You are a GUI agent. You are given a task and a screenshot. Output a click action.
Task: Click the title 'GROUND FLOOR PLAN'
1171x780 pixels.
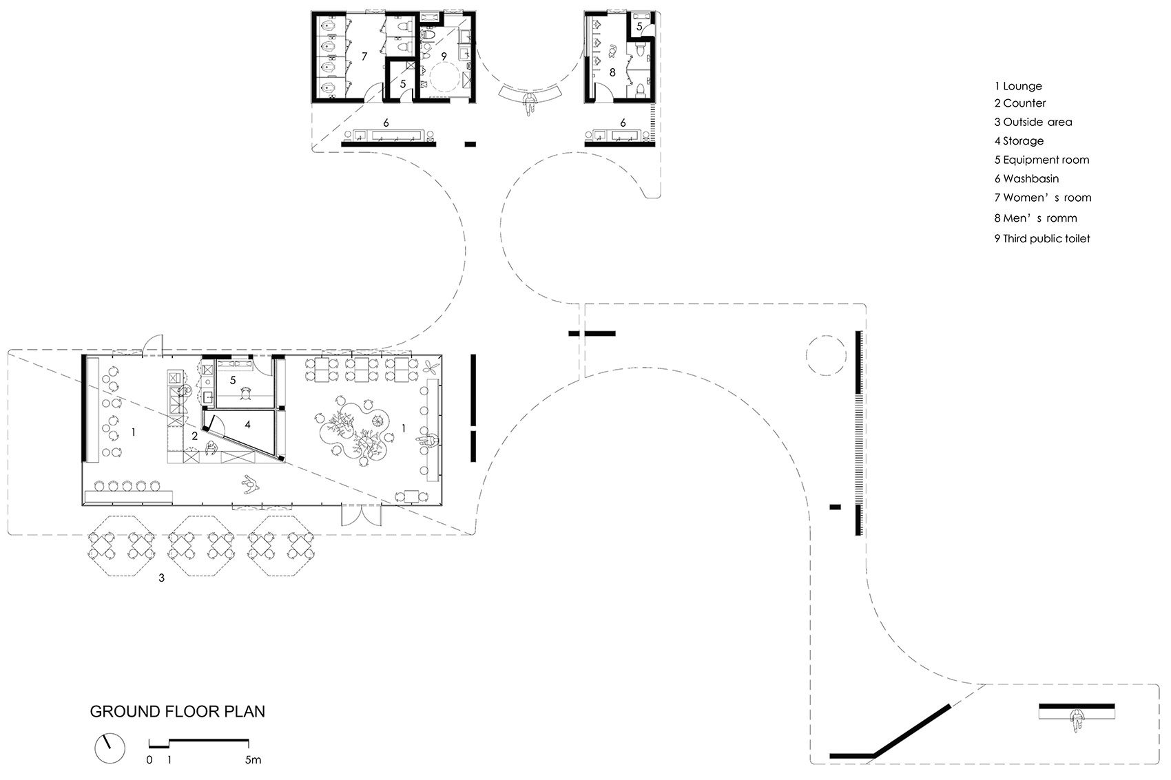[177, 711]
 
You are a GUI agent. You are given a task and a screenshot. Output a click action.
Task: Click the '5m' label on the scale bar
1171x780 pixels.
[253, 760]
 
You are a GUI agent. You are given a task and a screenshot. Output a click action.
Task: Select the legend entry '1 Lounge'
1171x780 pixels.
[1018, 86]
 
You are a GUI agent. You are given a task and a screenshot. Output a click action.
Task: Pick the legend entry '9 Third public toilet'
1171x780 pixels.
[1042, 239]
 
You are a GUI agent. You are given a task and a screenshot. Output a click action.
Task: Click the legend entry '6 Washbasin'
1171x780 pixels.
[1026, 179]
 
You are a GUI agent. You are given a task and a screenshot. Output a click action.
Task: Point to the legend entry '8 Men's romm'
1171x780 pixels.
[1035, 218]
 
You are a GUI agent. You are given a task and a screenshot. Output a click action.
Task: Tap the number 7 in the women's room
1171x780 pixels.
[364, 56]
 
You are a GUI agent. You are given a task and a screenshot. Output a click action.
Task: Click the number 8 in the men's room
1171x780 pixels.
[612, 72]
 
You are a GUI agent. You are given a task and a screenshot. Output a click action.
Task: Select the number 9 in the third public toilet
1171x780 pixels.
[444, 56]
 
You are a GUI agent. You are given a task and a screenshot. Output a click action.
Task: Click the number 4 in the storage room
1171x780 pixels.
[247, 425]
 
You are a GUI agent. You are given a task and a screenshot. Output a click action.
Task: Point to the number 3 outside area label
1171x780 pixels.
[162, 578]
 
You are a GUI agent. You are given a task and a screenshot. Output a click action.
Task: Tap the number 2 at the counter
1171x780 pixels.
[195, 436]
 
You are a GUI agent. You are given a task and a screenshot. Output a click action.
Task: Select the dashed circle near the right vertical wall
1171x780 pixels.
[825, 355]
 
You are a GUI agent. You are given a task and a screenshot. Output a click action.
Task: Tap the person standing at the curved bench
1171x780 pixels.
[529, 105]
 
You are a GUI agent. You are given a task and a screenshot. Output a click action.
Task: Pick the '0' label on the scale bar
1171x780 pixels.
[149, 760]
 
